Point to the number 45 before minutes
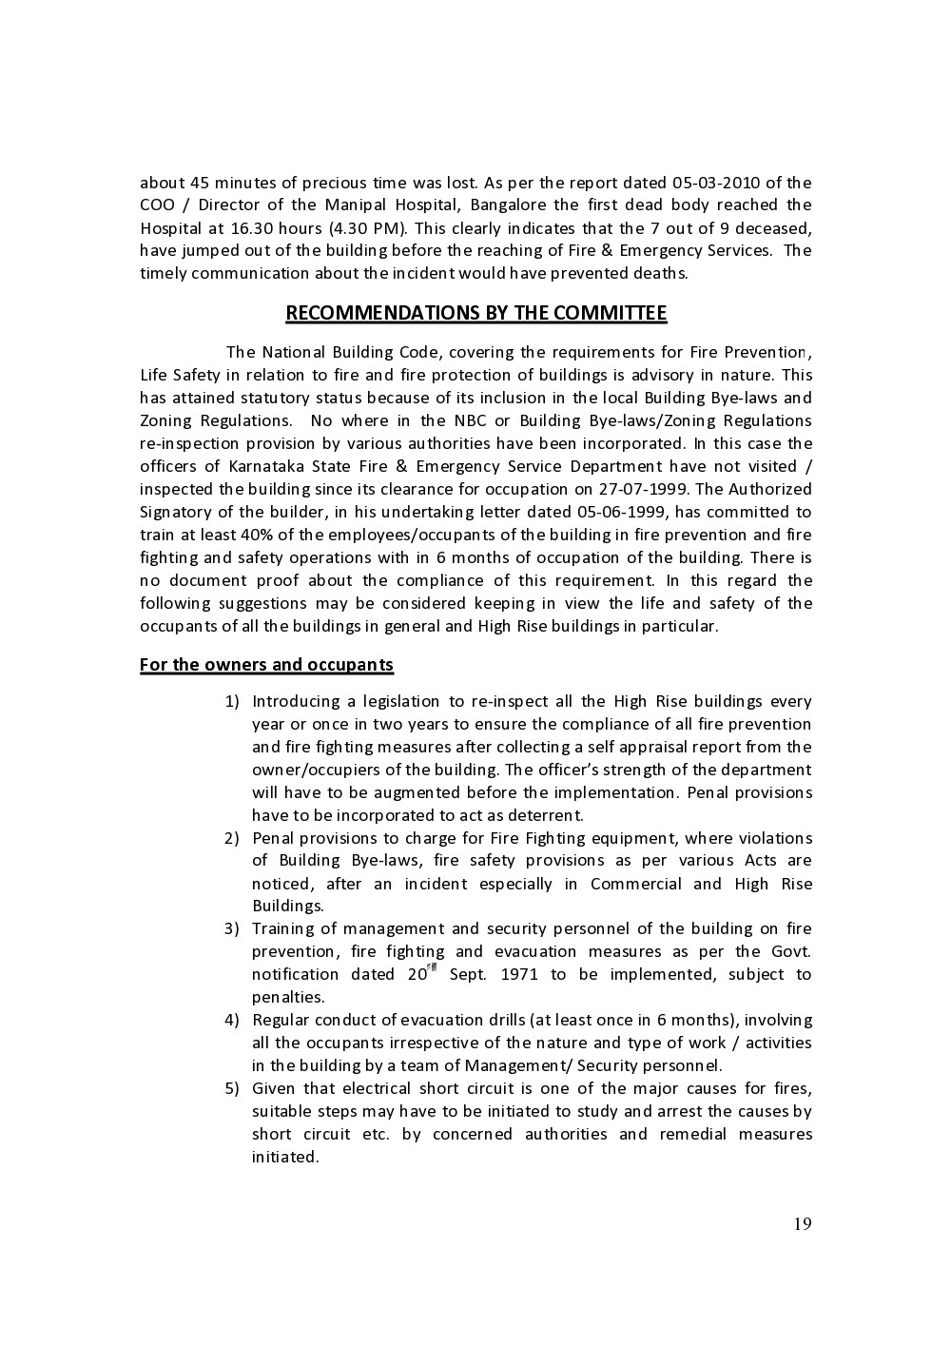click(x=200, y=183)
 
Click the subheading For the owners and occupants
click(x=266, y=665)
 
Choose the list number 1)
click(x=231, y=702)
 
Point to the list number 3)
click(x=231, y=929)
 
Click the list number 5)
click(x=231, y=1089)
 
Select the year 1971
click(x=519, y=975)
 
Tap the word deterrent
click(x=545, y=816)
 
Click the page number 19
click(x=803, y=1224)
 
